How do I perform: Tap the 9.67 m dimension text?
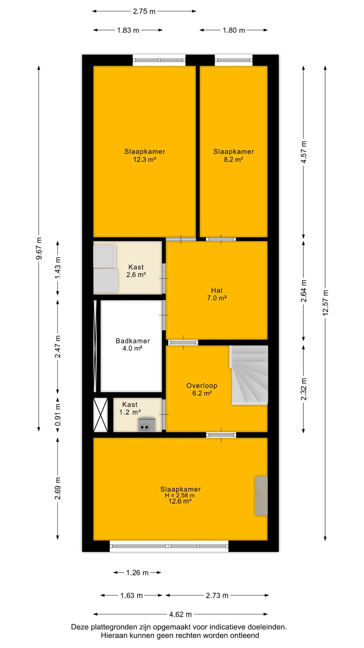click(x=39, y=248)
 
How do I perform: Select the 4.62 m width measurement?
click(x=180, y=614)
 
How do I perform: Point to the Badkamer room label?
click(x=133, y=341)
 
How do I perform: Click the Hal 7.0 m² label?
click(x=217, y=294)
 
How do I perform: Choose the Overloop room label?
click(x=202, y=386)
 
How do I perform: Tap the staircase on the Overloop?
click(x=249, y=375)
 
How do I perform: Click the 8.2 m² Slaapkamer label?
click(x=234, y=155)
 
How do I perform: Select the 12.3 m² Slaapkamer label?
click(x=145, y=155)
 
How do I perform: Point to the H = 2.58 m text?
click(x=180, y=495)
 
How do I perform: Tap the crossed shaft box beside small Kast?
click(x=101, y=415)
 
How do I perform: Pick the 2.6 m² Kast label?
click(x=136, y=271)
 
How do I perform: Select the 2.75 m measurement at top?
click(x=144, y=11)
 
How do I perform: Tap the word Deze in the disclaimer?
click(x=80, y=627)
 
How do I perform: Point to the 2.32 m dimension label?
click(x=304, y=389)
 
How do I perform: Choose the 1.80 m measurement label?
click(x=234, y=30)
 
